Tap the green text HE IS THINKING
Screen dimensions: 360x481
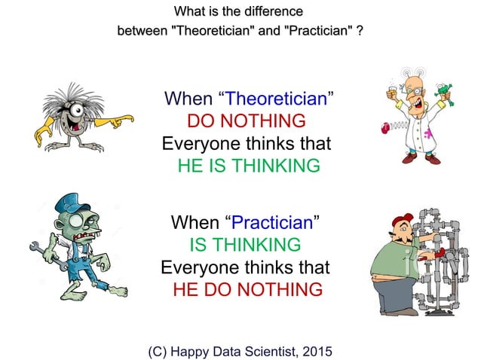click(249, 166)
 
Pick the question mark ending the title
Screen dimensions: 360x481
click(360, 33)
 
